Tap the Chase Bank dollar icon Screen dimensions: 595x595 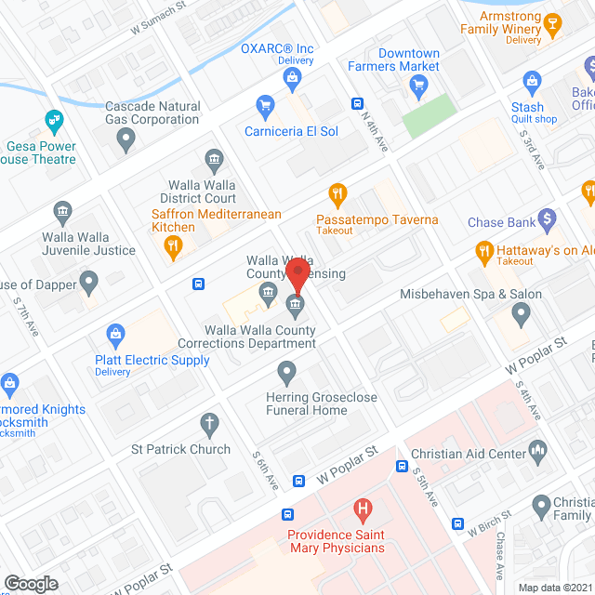tap(548, 219)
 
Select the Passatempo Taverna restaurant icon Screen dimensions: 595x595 tap(337, 195)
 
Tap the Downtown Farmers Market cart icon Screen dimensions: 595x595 tap(417, 86)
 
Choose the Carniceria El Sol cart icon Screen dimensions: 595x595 tap(266, 106)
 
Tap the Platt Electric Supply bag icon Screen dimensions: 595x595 tap(116, 332)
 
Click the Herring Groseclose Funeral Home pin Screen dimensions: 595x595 tap(287, 373)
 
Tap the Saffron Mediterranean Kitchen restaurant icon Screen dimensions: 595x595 tap(172, 246)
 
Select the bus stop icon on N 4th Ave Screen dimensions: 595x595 tap(356, 103)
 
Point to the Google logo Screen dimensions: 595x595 tap(31, 583)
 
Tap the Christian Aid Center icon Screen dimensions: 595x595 tap(536, 451)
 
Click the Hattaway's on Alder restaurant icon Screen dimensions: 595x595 tap(483, 250)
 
